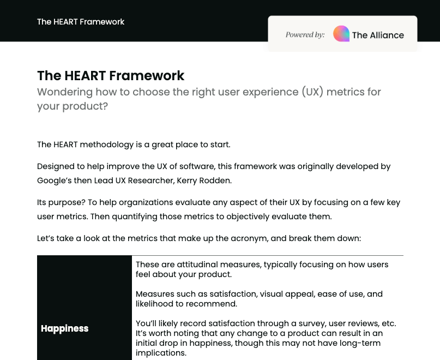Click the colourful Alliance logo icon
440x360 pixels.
pyautogui.click(x=341, y=34)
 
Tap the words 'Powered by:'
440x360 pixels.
pyautogui.click(x=305, y=35)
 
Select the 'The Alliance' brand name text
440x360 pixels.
pyautogui.click(x=378, y=35)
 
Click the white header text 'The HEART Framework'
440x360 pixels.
pyautogui.click(x=81, y=22)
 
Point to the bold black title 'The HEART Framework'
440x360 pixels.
pyautogui.click(x=111, y=75)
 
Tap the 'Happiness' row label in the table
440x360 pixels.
pyautogui.click(x=64, y=328)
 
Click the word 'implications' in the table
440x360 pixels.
pyautogui.click(x=161, y=353)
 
